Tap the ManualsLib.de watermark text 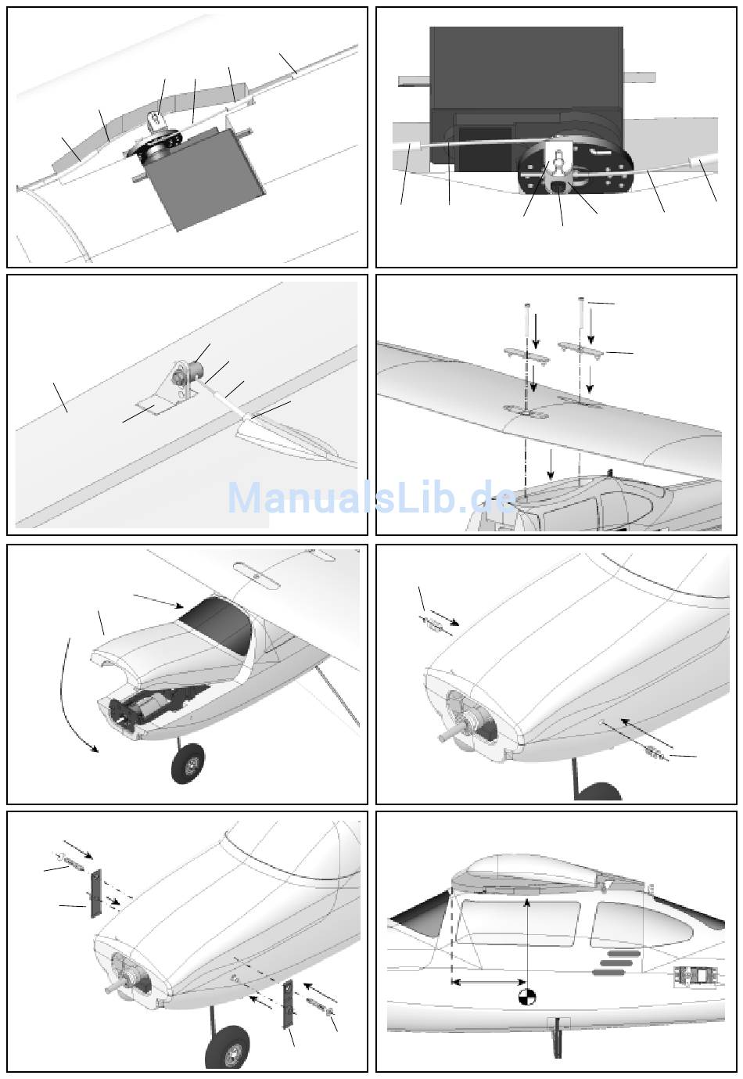372,498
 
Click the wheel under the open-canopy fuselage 188,763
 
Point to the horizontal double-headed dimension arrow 489,981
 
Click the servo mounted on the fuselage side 695,976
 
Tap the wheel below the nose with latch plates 228,1048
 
